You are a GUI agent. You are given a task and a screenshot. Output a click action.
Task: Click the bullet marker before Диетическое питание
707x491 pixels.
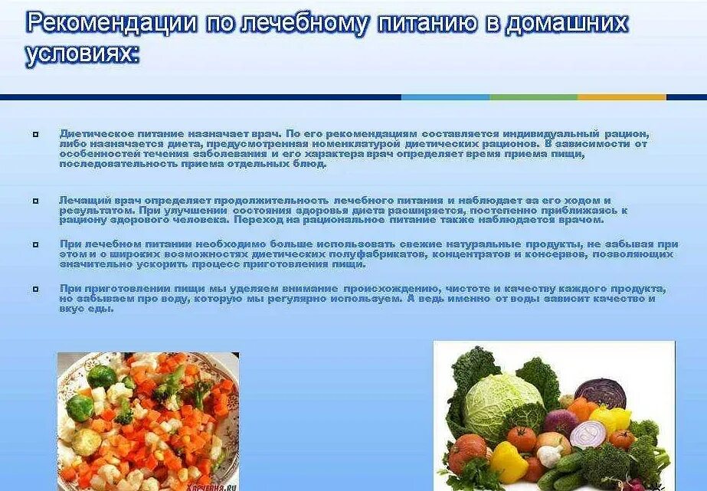tap(35, 134)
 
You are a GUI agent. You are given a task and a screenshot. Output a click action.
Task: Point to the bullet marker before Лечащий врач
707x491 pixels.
tap(35, 201)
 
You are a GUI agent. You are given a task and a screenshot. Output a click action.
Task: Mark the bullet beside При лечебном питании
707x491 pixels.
tap(35, 244)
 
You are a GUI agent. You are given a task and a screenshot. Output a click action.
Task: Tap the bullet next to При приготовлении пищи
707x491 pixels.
tap(35, 289)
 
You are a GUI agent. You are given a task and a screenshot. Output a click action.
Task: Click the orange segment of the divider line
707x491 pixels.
tap(621, 97)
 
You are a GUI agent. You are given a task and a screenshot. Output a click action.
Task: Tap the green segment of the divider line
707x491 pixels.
tap(533, 97)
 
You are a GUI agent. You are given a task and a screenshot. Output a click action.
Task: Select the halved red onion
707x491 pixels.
tap(588, 433)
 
